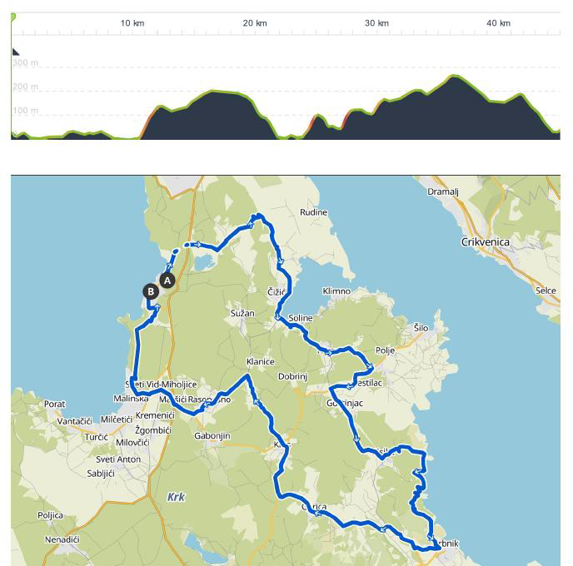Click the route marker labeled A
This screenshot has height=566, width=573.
click(167, 281)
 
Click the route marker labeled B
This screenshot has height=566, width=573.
click(151, 291)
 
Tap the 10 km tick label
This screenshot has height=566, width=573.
click(132, 23)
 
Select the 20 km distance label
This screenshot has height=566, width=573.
click(255, 23)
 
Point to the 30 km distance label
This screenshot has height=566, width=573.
click(377, 23)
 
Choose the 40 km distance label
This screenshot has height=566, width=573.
click(499, 23)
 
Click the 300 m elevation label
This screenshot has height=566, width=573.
click(26, 63)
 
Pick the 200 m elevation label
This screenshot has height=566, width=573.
click(26, 87)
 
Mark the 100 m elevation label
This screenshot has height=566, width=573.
click(26, 111)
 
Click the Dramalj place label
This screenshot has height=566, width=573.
click(443, 191)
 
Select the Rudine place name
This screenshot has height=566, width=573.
click(314, 212)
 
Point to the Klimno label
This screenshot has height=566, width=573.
click(336, 291)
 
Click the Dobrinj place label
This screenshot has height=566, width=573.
click(293, 377)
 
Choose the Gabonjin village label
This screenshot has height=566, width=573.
click(212, 436)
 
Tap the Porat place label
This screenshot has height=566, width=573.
click(55, 405)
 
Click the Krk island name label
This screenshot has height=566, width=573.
click(176, 497)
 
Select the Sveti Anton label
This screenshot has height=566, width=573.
click(118, 459)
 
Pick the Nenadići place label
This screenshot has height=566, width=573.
click(62, 540)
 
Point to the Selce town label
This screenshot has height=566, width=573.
click(546, 290)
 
